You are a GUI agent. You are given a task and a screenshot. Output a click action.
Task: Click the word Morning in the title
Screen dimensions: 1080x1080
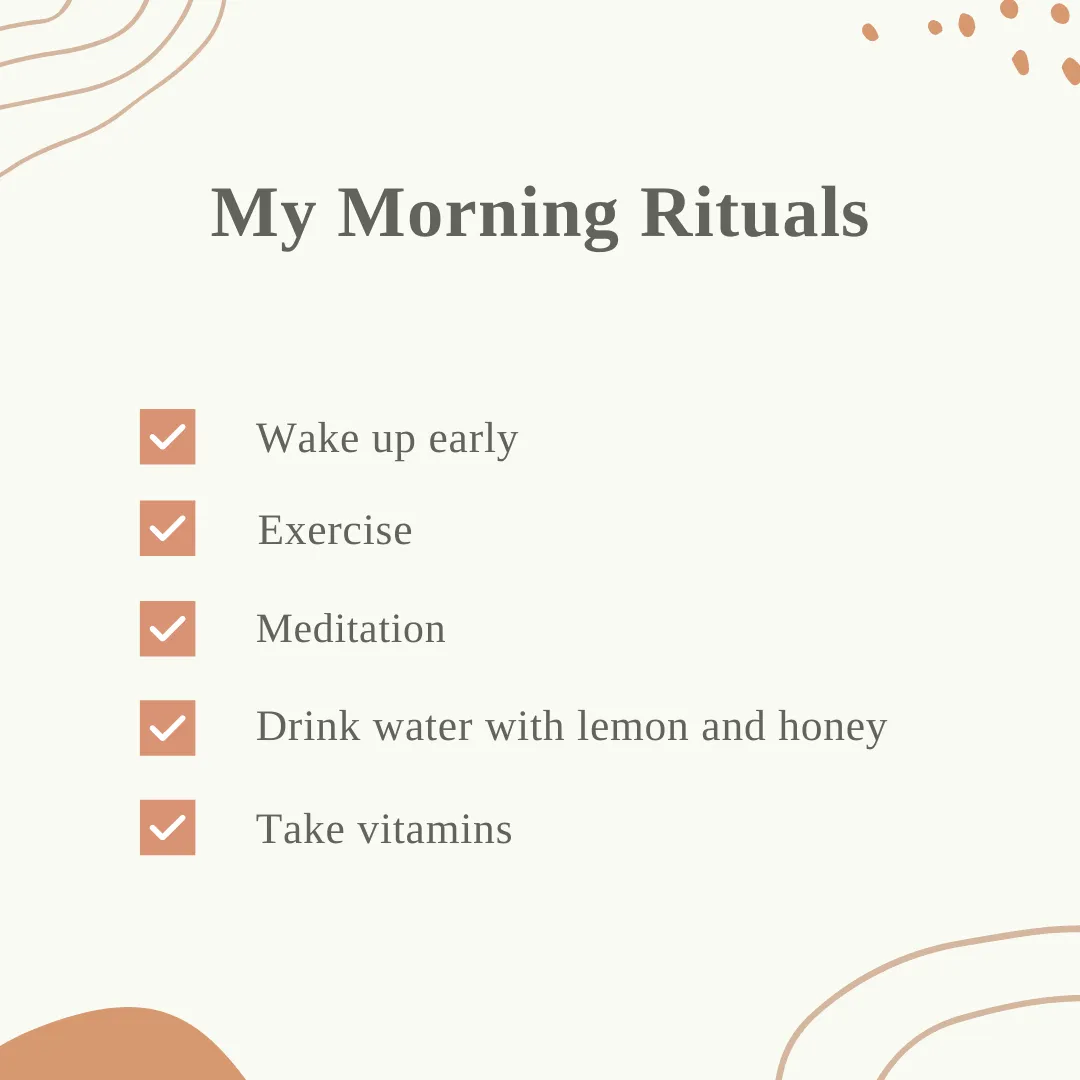coord(477,216)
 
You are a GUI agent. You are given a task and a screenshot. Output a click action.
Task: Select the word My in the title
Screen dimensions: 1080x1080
coord(263,216)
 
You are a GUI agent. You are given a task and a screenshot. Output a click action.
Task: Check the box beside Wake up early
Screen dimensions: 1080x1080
coord(167,437)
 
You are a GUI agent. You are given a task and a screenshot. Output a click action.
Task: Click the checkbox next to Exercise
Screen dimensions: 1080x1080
coord(167,528)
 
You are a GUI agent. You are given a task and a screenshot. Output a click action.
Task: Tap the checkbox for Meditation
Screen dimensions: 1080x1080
coord(167,629)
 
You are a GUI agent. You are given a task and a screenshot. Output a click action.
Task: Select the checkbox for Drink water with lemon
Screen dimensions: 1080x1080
coord(167,728)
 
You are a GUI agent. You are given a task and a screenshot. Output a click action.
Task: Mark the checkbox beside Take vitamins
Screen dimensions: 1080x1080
coord(167,827)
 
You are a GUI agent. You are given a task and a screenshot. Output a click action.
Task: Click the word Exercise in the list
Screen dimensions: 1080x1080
coord(335,530)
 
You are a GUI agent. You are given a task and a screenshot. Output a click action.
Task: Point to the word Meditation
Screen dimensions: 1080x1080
coord(351,629)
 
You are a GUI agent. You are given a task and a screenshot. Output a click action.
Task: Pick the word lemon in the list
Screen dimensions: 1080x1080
coord(632,726)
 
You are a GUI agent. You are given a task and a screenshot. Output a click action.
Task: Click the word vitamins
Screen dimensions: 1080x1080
coord(435,829)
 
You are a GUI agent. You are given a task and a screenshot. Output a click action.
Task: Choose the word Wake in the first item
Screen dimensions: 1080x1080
coord(308,438)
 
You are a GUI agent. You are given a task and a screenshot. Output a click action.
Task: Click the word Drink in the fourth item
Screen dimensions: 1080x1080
coord(308,726)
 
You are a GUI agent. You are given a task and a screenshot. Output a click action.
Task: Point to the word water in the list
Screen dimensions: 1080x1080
coord(423,728)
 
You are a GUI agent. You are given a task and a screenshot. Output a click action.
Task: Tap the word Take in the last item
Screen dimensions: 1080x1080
coord(300,829)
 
